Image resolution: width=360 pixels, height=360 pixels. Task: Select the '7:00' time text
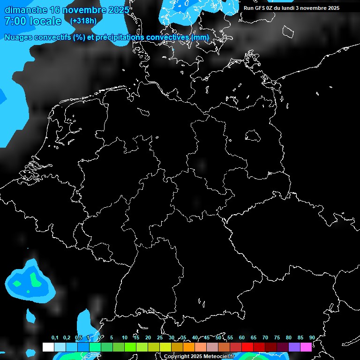[14, 21]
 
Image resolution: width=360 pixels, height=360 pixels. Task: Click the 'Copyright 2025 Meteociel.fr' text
[199, 357]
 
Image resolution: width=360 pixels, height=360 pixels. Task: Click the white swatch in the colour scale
[48, 347]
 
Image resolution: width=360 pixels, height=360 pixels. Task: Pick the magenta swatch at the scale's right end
[306, 347]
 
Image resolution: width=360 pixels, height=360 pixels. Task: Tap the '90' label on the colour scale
[312, 338]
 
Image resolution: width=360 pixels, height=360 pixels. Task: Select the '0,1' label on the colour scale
[55, 338]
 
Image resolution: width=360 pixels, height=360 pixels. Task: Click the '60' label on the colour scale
[242, 338]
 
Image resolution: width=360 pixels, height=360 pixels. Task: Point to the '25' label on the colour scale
[160, 338]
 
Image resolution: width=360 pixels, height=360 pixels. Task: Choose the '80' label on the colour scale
[289, 338]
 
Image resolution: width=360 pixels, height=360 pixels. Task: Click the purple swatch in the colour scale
[294, 347]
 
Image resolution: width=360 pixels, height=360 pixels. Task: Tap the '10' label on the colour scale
[125, 338]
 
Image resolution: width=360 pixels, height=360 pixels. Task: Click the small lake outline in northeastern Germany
[253, 136]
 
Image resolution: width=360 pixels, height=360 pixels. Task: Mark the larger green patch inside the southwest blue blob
[34, 279]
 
